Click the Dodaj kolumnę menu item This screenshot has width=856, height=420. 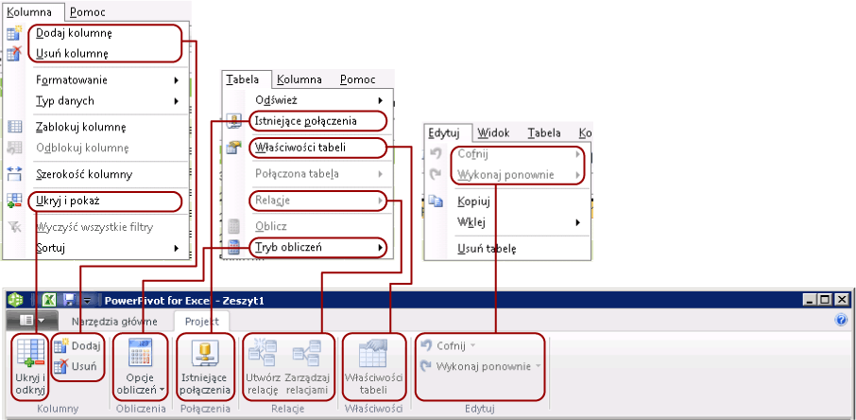(79, 33)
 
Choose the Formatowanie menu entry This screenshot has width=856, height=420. (72, 79)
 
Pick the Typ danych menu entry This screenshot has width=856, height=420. (65, 100)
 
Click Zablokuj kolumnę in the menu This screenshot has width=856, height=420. (81, 127)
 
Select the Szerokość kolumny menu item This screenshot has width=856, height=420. (84, 174)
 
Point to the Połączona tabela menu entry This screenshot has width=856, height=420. (297, 174)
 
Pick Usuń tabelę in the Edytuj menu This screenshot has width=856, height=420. (487, 250)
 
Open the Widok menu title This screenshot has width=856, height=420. (493, 133)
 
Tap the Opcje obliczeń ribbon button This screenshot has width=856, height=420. (141, 366)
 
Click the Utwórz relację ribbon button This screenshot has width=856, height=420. (263, 366)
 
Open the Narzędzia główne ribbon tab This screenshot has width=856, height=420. (121, 321)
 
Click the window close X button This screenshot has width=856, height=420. (843, 299)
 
